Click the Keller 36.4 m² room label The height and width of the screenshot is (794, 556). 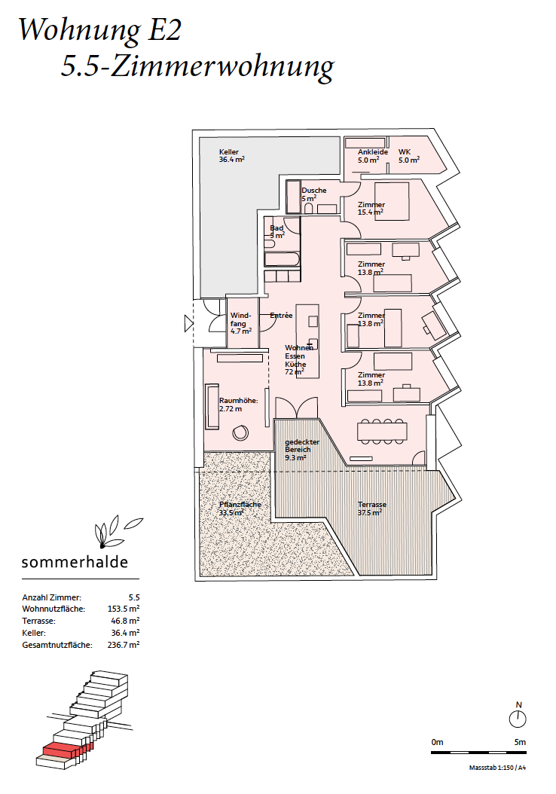coord(231,155)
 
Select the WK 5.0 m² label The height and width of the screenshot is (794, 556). coord(408,156)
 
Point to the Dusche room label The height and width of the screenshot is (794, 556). coord(314,194)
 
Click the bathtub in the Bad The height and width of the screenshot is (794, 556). coord(282,259)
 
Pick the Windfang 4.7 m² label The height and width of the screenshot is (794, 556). coord(240,323)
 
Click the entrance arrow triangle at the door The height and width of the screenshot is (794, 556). coord(189,323)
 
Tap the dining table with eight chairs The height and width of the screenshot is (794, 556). coord(382,432)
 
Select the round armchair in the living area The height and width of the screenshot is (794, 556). coord(240,432)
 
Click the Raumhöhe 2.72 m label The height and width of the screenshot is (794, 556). coord(239,405)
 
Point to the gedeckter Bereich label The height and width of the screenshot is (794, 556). coord(302,450)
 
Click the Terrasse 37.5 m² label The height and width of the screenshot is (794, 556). coord(371,508)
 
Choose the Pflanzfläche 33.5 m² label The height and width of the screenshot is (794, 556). coord(240,508)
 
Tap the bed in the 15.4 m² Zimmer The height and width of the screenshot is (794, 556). coord(392,202)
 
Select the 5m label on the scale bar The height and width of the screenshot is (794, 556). coord(520,742)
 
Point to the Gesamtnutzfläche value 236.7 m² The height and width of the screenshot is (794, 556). coord(124,645)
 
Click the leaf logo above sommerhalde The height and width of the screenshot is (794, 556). coord(117,532)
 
